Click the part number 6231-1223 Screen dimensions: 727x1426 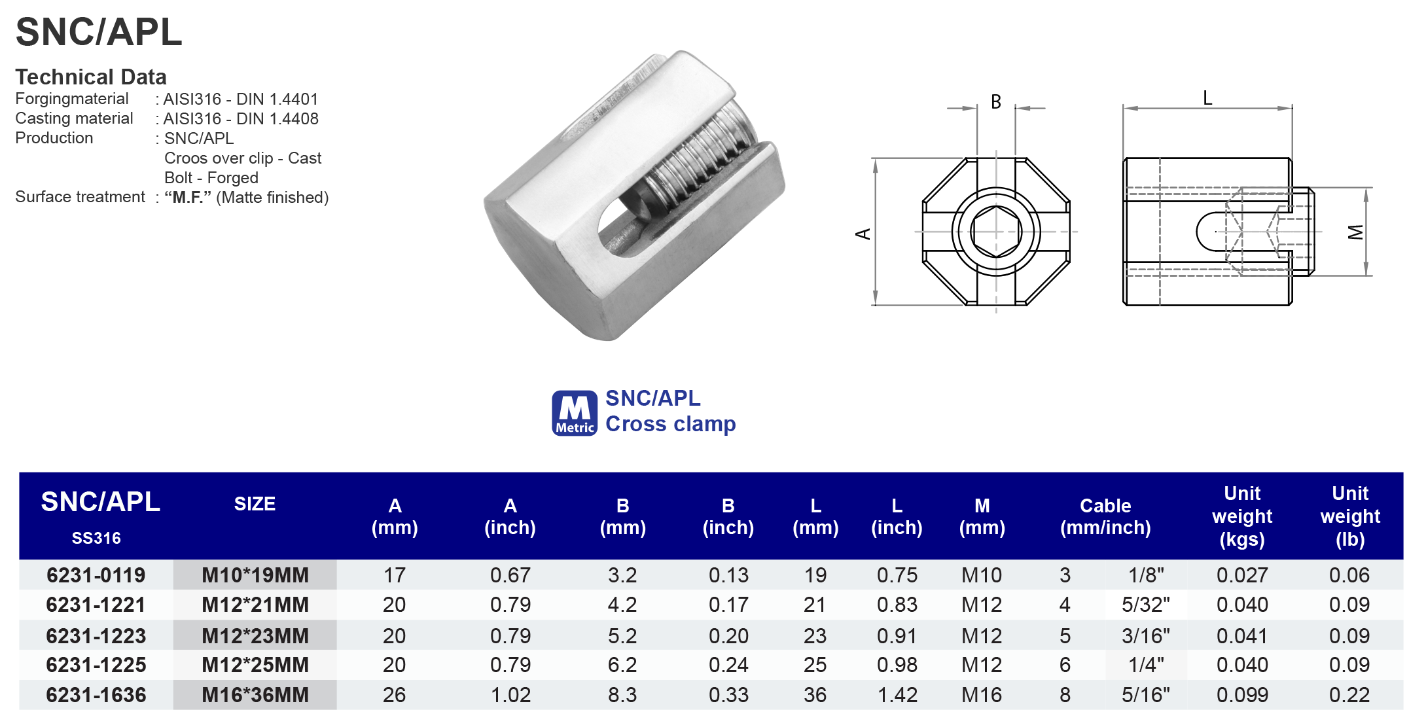pos(96,635)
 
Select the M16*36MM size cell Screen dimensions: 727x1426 pos(255,695)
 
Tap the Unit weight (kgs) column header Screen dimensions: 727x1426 pos(1241,516)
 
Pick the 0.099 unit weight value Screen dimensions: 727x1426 pos(1241,695)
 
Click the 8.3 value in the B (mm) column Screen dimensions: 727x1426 pos(622,695)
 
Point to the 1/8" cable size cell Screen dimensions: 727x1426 pos(1145,575)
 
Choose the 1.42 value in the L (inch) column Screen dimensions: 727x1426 pos(897,695)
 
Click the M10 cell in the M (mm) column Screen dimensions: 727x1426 pos(981,575)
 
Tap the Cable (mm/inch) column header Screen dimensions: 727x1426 pos(1105,516)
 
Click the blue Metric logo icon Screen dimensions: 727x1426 pos(574,413)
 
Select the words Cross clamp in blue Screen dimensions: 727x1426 pos(670,424)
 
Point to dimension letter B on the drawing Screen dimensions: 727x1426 pos(995,102)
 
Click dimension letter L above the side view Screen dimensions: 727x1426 pos(1207,98)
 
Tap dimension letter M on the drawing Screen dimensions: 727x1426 pos(1355,232)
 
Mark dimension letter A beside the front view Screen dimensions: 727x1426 pos(863,234)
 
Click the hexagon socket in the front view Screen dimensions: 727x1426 pos(995,232)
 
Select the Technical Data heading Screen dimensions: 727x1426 pos(91,77)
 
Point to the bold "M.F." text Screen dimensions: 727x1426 pos(188,197)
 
